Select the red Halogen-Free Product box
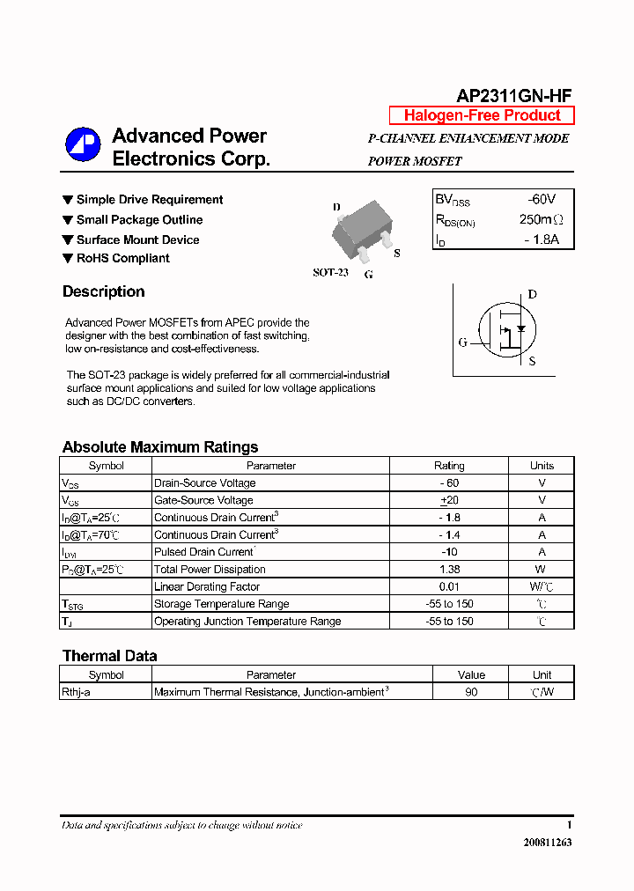click(x=482, y=115)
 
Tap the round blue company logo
click(x=83, y=145)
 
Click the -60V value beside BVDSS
click(x=541, y=200)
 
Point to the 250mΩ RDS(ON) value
click(x=541, y=219)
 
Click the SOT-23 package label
click(x=330, y=273)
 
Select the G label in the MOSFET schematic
click(x=462, y=342)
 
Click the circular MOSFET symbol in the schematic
click(x=507, y=332)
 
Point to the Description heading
click(x=103, y=292)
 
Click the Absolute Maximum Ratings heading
click(x=160, y=447)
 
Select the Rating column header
click(x=449, y=466)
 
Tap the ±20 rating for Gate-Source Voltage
click(x=450, y=500)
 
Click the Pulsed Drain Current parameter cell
click(x=204, y=552)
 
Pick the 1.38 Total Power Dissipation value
click(x=449, y=570)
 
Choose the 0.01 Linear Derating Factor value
click(x=449, y=586)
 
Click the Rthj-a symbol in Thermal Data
click(x=76, y=693)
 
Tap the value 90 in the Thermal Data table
click(x=471, y=693)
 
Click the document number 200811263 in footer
click(x=547, y=843)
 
